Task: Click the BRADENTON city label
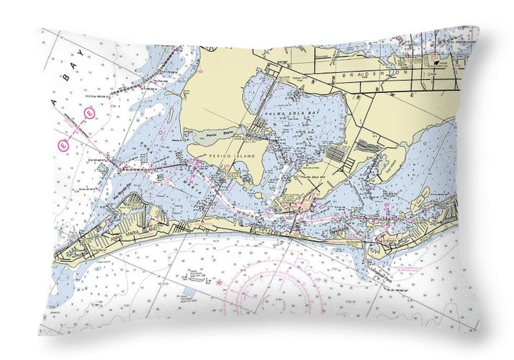click(x=376, y=73)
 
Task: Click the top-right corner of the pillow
click(x=477, y=27)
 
